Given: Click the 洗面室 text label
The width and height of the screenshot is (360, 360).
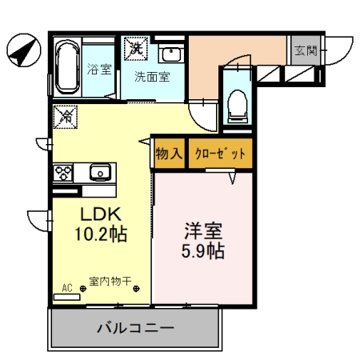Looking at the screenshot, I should click(x=151, y=78).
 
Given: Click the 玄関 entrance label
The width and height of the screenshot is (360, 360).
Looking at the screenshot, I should click(x=306, y=51).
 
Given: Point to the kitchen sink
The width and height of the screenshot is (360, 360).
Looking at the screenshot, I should click(x=99, y=171).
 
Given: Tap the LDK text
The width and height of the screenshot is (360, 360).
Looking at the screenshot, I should click(x=98, y=214).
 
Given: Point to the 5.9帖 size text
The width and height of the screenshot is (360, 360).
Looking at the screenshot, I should click(x=204, y=251).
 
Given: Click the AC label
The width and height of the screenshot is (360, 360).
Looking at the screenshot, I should click(x=66, y=286).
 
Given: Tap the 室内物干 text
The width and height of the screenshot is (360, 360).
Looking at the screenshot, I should click(x=110, y=281).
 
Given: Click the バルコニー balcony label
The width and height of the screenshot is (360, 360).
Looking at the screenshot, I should click(x=135, y=328).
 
